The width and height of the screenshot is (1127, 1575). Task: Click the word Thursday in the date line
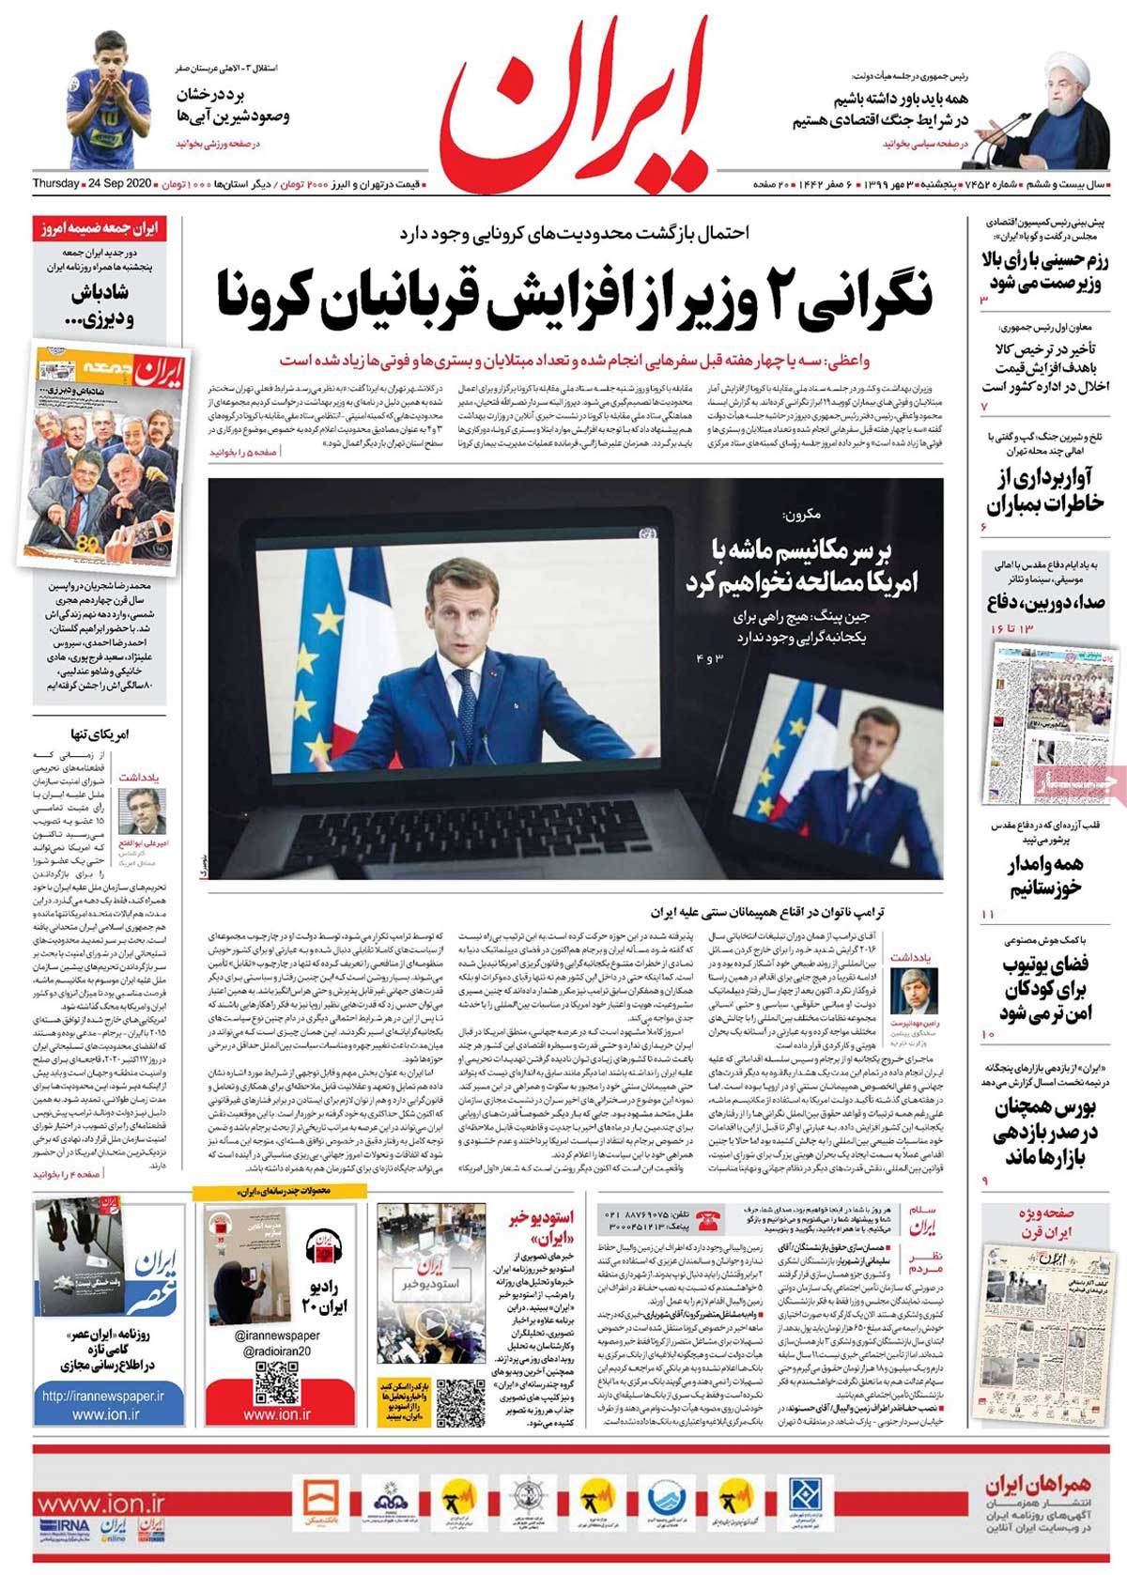55,181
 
